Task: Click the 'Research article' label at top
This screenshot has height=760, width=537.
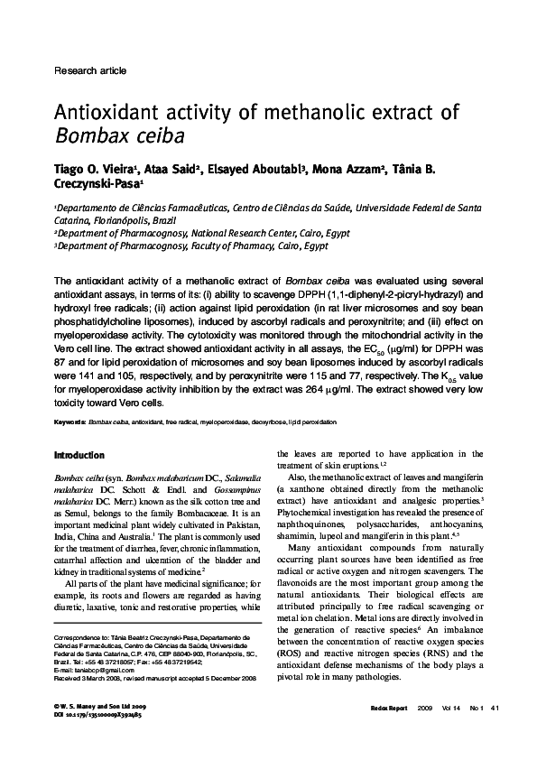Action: point(90,70)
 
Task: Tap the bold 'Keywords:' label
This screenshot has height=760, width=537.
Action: point(70,422)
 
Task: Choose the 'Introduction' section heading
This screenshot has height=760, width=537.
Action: point(79,455)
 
